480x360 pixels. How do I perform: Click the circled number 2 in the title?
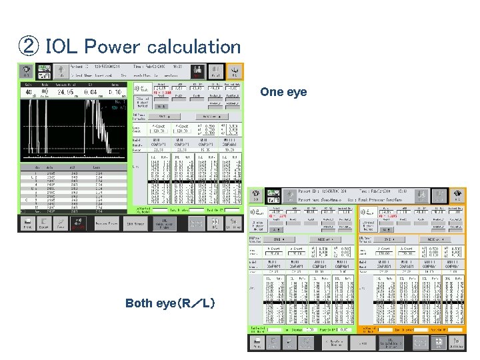click(x=27, y=47)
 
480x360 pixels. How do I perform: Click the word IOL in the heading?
click(x=61, y=47)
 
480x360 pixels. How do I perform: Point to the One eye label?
click(x=283, y=92)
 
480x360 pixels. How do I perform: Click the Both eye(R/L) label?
click(x=170, y=303)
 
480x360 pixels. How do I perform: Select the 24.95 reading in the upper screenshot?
click(x=64, y=92)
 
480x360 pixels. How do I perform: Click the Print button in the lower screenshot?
click(x=257, y=342)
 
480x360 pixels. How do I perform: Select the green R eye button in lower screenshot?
click(x=257, y=195)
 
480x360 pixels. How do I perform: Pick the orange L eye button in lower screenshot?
click(x=457, y=195)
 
